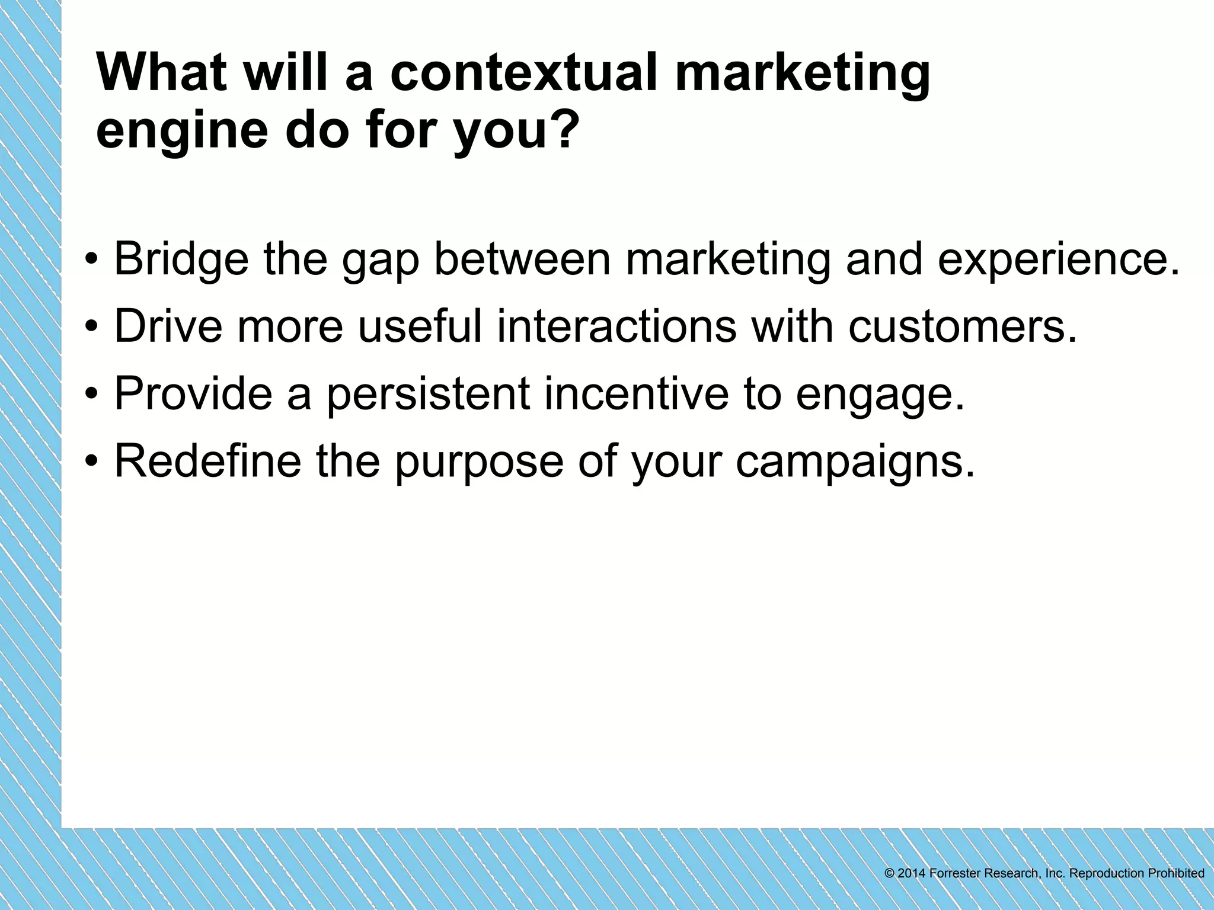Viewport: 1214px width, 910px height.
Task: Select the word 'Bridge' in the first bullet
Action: tap(181, 259)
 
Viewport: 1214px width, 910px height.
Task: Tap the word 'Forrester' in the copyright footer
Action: tap(954, 873)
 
